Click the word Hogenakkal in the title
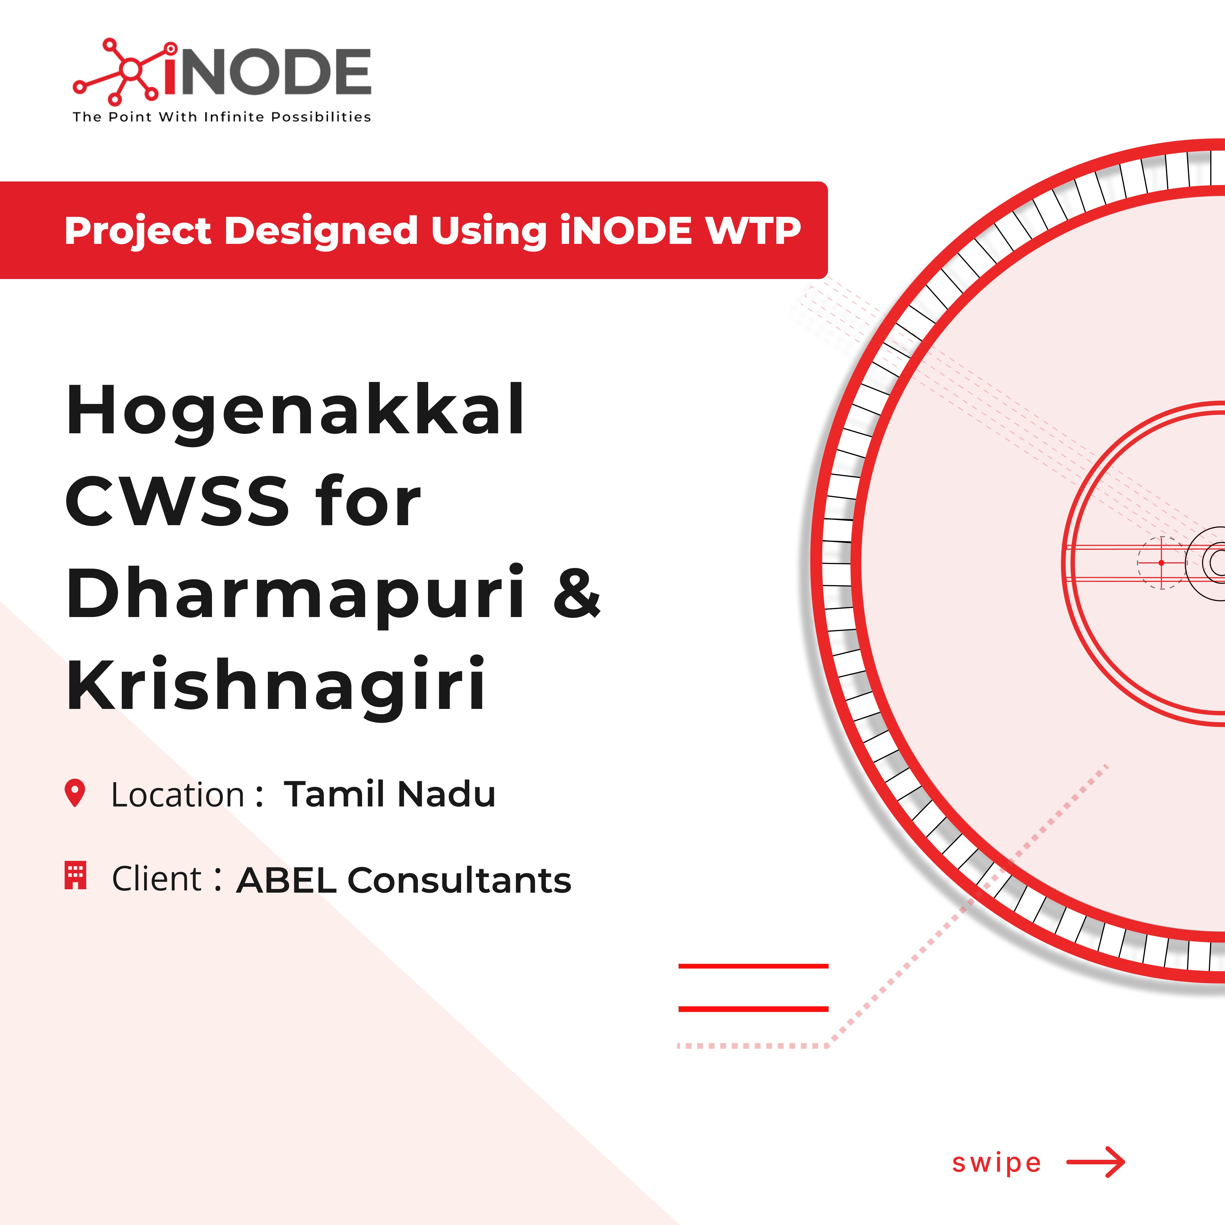(295, 411)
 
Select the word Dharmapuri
(295, 593)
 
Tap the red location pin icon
(75, 793)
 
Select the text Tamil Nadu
(389, 794)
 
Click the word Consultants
(459, 880)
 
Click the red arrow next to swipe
(1096, 1161)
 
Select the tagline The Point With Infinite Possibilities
(222, 117)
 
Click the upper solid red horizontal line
(753, 966)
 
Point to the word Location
(178, 795)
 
